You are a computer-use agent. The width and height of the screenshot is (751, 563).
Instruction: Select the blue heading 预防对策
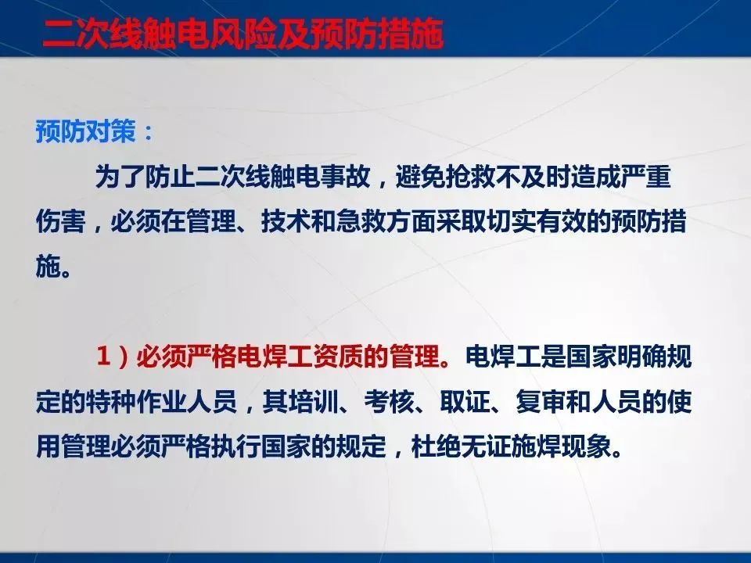coord(86,131)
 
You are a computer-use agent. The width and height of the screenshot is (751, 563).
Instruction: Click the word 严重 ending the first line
coord(645,177)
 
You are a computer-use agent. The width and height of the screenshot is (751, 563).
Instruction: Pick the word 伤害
coord(61,221)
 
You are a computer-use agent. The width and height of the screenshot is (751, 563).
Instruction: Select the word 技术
coord(286,221)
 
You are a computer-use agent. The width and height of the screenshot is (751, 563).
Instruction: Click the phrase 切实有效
coord(536,221)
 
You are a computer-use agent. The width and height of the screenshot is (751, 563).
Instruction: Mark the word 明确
coord(641,357)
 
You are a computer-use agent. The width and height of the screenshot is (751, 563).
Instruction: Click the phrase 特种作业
coord(136,401)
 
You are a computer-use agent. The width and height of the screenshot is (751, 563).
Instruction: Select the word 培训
coord(311,401)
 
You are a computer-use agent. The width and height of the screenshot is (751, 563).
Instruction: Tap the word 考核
coord(389,401)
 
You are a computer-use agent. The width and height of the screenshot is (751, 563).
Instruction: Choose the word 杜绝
coord(436,446)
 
